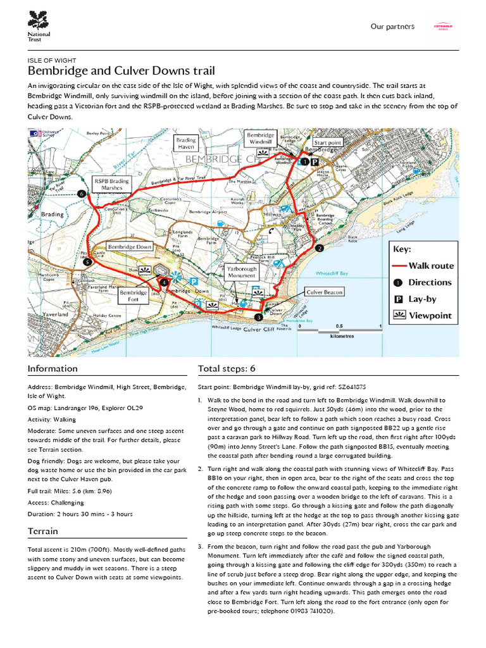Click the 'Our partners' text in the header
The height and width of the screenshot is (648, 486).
pyautogui.click(x=392, y=27)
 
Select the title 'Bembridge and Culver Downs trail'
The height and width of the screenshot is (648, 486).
pyautogui.click(x=121, y=70)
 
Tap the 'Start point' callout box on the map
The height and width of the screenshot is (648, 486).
pyautogui.click(x=327, y=143)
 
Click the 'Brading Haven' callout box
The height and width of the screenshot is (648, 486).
pyautogui.click(x=186, y=144)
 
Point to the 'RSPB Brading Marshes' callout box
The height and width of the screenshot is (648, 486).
pyautogui.click(x=111, y=184)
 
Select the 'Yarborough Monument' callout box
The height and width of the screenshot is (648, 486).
pyautogui.click(x=241, y=273)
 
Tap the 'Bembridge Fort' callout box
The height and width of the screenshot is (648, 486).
pyautogui.click(x=134, y=297)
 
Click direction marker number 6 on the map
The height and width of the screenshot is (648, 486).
pyautogui.click(x=80, y=194)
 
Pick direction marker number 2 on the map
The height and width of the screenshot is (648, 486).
pyautogui.click(x=320, y=249)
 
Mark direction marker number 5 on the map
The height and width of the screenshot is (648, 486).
pyautogui.click(x=87, y=261)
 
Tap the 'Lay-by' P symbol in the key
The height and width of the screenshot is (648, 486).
pyautogui.click(x=399, y=299)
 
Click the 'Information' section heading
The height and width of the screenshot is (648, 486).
pyautogui.click(x=53, y=368)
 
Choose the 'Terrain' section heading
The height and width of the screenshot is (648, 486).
pyautogui.click(x=43, y=531)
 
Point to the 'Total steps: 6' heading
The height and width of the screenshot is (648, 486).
pyautogui.click(x=227, y=368)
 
